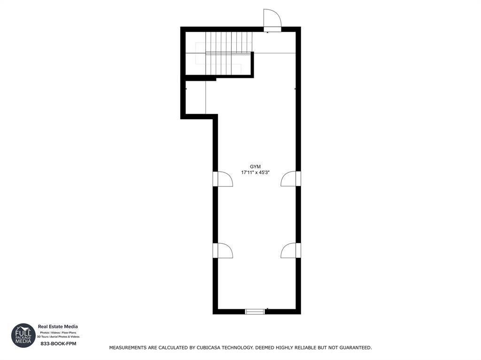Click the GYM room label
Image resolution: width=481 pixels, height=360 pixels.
tap(255, 167)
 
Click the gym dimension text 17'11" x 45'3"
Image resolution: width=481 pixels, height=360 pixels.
tap(255, 173)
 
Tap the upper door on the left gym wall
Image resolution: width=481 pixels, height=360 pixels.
tap(223, 179)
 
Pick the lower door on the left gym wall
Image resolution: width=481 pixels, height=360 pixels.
tap(223, 251)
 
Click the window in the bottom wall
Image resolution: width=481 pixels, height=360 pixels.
tap(255, 311)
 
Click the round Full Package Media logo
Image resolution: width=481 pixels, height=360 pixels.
tap(23, 335)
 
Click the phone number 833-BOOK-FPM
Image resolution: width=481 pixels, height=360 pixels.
tap(58, 344)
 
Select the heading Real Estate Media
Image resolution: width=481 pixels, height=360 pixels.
tap(58, 327)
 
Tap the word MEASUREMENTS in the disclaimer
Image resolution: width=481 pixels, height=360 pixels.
tap(128, 348)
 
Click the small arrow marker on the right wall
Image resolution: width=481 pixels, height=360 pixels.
tap(295, 89)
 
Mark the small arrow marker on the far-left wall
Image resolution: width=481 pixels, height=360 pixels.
tap(186, 89)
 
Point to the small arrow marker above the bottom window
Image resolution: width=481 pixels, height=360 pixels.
tap(267, 308)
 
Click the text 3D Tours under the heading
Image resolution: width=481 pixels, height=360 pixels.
tap(42, 337)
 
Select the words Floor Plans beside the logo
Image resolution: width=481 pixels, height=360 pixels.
tap(70, 332)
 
